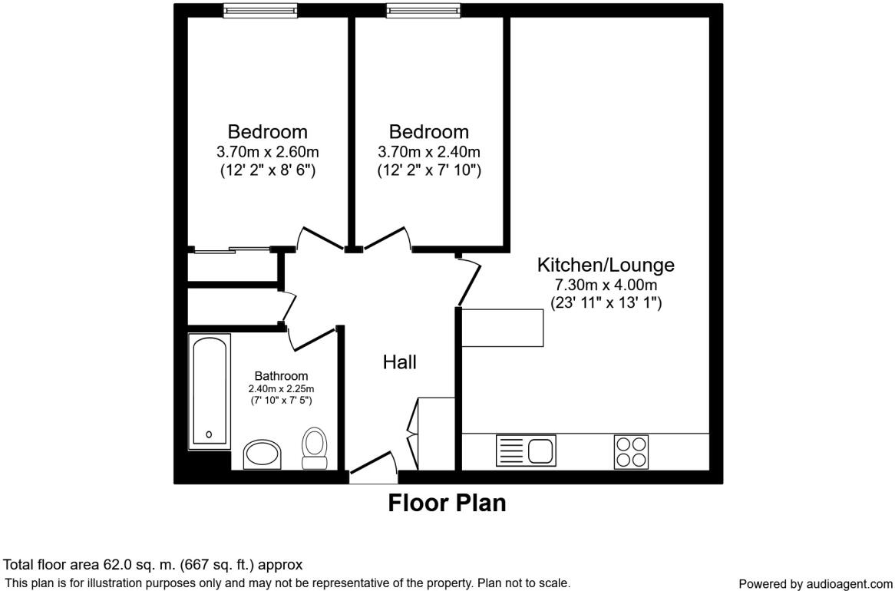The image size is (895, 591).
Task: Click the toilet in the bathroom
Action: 315,448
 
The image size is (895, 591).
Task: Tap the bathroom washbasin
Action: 263,454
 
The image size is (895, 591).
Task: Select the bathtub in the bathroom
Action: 210,391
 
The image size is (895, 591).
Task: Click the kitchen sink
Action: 526,450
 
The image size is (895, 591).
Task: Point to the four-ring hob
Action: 631,451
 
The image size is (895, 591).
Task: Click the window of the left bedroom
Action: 260,10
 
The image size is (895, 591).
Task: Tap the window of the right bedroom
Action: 423,10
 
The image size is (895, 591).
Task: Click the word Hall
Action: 400,362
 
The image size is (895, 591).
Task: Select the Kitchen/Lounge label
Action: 605,266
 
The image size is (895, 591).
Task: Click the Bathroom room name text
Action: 281,376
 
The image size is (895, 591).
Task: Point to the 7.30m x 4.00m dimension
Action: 606,286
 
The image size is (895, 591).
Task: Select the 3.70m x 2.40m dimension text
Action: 428,152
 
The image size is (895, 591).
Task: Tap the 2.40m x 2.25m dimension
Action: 281,389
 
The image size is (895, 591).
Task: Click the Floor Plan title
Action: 447,503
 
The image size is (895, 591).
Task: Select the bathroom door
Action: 311,336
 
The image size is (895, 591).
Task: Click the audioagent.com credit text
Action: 815,584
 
